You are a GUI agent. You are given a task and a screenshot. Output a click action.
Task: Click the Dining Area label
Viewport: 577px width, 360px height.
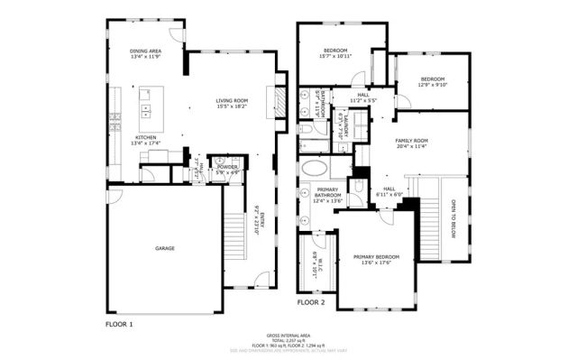[x=144, y=53]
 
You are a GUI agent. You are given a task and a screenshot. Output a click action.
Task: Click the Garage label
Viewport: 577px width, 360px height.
[x=164, y=248]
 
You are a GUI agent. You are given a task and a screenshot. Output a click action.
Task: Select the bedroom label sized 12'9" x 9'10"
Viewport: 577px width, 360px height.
[x=432, y=82]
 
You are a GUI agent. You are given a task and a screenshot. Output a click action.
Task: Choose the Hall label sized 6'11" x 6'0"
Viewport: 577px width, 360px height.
[x=389, y=192]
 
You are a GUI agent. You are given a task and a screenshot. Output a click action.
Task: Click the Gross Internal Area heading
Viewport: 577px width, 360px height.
[x=289, y=333]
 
